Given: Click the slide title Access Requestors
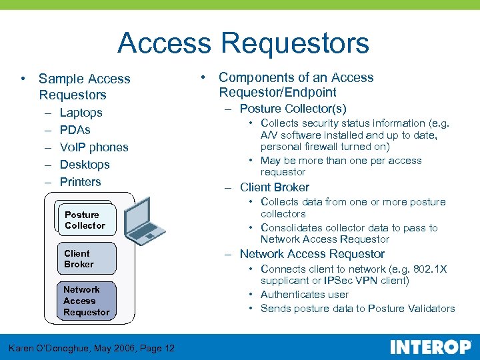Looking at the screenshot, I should tap(243, 44).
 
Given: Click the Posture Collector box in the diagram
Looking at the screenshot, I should tap(85, 220).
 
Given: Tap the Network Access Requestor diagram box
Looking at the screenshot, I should tap(86, 301).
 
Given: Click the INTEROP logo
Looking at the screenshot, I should tap(429, 347).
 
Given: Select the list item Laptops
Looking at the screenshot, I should tap(81, 113).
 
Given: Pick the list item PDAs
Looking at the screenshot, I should tap(75, 130).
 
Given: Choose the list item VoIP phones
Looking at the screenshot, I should tap(93, 147).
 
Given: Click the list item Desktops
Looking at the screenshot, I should tap(84, 165).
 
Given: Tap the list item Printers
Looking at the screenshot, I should tap(80, 182).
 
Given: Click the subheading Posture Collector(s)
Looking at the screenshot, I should tap(293, 108).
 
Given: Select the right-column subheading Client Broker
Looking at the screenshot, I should tap(274, 187).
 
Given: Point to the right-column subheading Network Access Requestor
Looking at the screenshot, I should tap(311, 254).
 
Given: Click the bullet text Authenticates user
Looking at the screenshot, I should tap(304, 295).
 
